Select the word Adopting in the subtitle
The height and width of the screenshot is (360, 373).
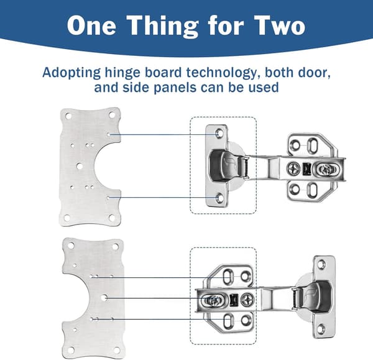point(71,73)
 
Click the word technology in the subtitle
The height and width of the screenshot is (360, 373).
point(223,73)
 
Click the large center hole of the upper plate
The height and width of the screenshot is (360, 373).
point(79,166)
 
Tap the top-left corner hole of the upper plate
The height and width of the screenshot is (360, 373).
point(68,116)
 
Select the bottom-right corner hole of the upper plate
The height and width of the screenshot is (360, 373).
point(112,217)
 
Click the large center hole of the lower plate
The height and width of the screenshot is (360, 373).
point(103,298)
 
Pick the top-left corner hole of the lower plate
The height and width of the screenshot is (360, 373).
point(71,246)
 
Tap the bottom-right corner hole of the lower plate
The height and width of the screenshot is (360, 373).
point(117,350)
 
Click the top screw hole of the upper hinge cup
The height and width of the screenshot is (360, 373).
point(219,134)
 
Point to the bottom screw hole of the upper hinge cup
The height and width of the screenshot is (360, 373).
point(219,198)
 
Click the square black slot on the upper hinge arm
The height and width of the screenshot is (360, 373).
point(306,168)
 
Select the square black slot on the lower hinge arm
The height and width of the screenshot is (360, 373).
point(234,299)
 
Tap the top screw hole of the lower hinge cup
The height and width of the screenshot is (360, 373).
point(321,264)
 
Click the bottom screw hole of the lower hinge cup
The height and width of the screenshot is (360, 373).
point(321,328)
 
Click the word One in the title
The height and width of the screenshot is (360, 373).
point(91,26)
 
